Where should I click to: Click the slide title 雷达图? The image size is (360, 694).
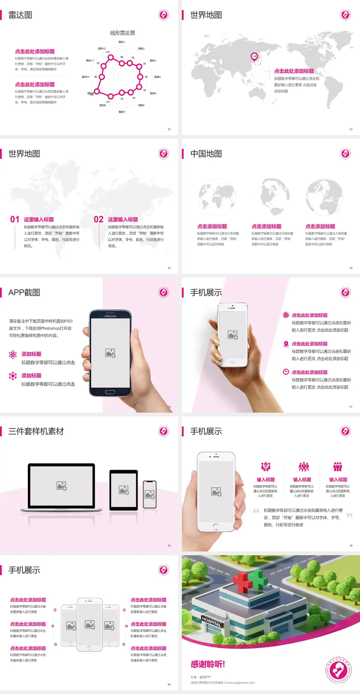click(20, 15)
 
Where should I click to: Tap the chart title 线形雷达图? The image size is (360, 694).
click(122, 33)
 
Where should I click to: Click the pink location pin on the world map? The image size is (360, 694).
click(254, 56)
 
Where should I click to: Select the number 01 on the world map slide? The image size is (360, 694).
click(15, 219)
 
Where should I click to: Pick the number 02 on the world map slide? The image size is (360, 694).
click(99, 219)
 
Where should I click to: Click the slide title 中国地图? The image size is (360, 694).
click(206, 154)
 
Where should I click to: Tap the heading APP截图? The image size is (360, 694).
click(24, 293)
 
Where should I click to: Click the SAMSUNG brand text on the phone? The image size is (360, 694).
click(110, 316)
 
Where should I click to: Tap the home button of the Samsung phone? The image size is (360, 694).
click(110, 392)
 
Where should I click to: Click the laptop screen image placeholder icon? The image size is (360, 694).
click(61, 486)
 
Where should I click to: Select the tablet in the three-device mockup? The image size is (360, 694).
click(123, 490)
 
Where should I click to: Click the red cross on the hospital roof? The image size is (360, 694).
click(243, 581)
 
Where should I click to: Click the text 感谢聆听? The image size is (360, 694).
click(208, 664)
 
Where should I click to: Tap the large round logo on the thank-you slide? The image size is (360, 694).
click(338, 670)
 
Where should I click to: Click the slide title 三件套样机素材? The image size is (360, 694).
click(36, 431)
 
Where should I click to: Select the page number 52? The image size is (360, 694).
click(169, 129)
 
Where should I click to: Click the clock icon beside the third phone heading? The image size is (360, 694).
click(286, 372)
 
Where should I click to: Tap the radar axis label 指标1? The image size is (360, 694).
click(122, 42)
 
